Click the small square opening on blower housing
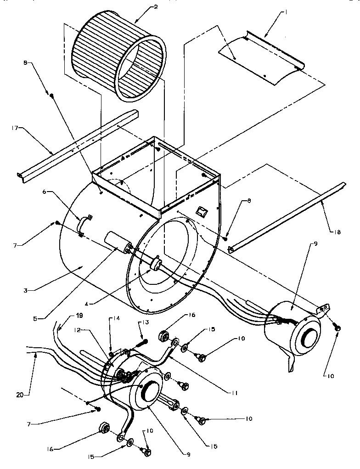[201, 211]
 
